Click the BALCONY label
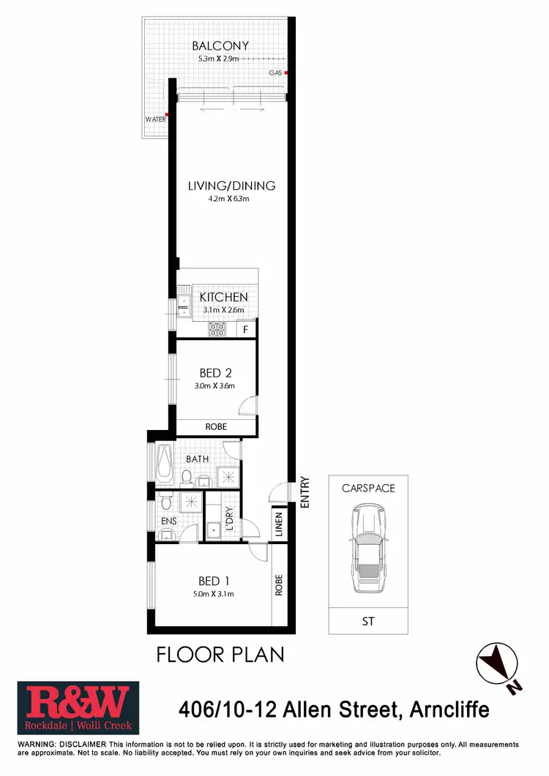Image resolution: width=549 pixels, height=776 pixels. pyautogui.click(x=220, y=45)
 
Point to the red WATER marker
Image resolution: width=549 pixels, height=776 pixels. pyautogui.click(x=168, y=114)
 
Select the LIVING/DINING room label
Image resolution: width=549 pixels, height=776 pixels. pyautogui.click(x=231, y=186)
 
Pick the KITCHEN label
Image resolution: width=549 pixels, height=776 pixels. pyautogui.click(x=223, y=298)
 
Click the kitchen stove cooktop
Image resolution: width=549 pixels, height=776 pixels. pyautogui.click(x=217, y=330)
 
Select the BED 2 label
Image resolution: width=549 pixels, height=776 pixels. pyautogui.click(x=215, y=374)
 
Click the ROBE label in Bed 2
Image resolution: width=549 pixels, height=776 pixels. pyautogui.click(x=215, y=426)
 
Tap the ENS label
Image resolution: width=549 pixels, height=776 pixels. pyautogui.click(x=169, y=521)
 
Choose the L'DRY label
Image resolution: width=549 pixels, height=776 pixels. pyautogui.click(x=228, y=518)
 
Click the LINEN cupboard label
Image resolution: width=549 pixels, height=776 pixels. pyautogui.click(x=279, y=525)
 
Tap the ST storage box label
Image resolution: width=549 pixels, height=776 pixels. pyautogui.click(x=367, y=622)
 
